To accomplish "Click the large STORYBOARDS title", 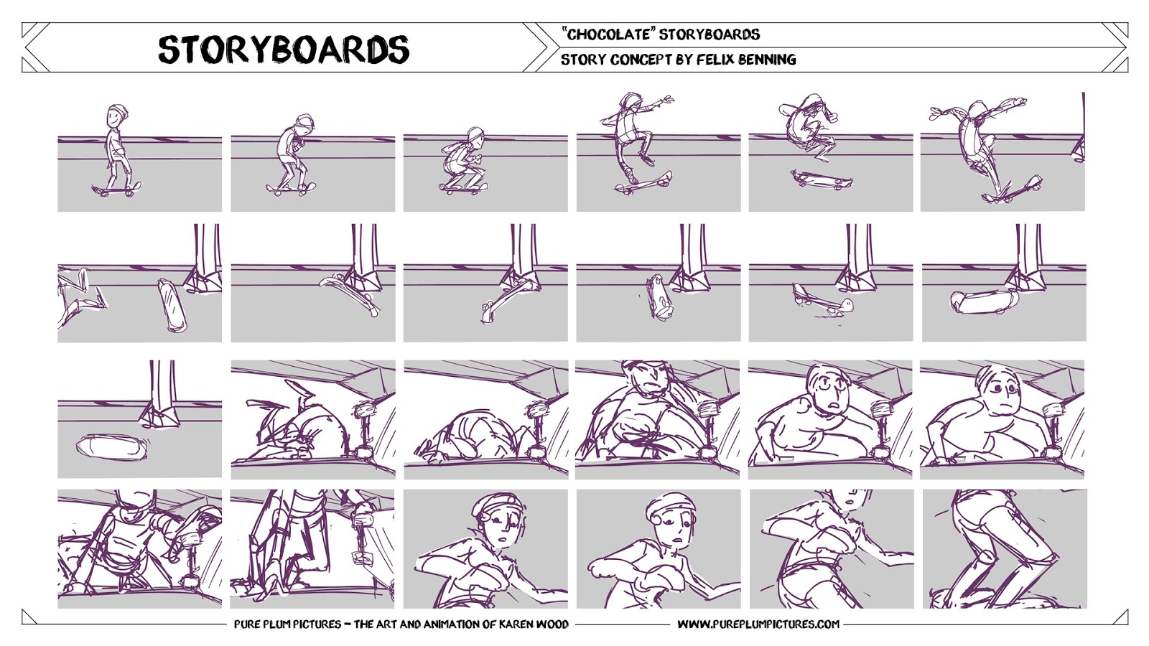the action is (284, 50).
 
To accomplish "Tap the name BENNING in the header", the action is (768, 60).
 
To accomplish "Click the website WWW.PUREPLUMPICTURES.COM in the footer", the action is (758, 624).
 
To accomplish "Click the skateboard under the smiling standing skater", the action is (116, 189).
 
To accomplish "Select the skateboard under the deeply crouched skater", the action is (463, 187).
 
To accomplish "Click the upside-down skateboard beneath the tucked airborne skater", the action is (821, 179).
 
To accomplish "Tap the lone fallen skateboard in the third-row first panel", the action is (111, 446).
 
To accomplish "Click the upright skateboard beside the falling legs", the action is (172, 306).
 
